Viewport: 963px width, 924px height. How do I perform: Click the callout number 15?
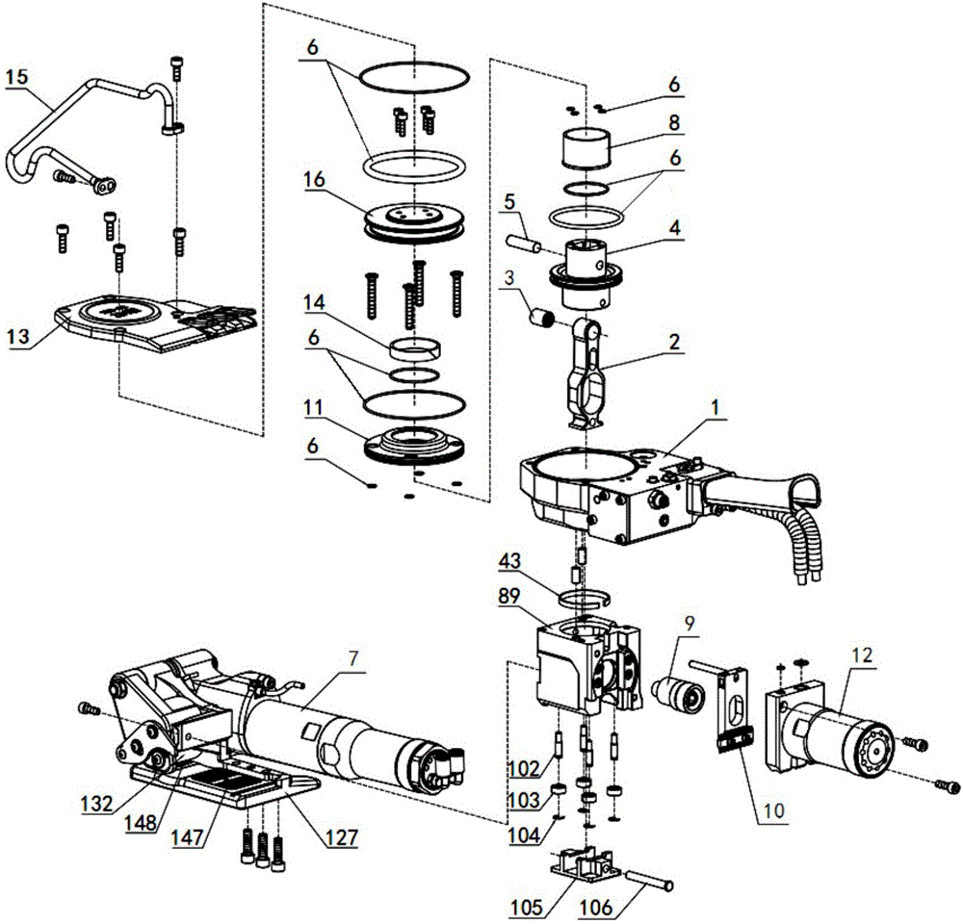click(16, 77)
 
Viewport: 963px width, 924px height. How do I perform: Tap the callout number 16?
click(313, 180)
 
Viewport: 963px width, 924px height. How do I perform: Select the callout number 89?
click(509, 596)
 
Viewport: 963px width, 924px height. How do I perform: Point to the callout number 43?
click(509, 560)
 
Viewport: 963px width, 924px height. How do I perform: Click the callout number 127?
click(342, 836)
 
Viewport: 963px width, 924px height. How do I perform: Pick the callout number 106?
click(596, 907)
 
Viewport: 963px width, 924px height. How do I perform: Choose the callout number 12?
click(862, 655)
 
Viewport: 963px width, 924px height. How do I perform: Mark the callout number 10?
click(774, 810)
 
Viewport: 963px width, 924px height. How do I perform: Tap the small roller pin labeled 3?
click(542, 320)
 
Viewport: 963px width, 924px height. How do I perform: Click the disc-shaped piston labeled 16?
click(416, 224)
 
